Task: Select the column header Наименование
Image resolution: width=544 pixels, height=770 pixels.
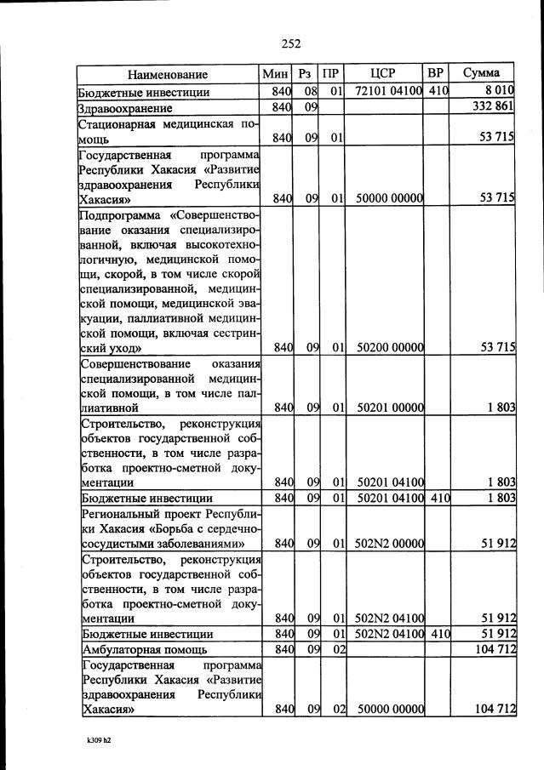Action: (x=169, y=74)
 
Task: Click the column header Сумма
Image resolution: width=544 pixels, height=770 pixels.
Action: (x=482, y=73)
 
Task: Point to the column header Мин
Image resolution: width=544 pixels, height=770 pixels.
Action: (x=278, y=74)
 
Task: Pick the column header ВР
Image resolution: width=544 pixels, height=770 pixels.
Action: (x=436, y=73)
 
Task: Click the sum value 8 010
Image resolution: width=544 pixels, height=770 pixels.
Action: (x=498, y=91)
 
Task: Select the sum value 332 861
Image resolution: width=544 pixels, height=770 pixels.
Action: (x=493, y=108)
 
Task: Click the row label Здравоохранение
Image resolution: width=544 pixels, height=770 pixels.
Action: (x=125, y=109)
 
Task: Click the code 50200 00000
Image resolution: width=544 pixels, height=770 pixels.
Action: (x=389, y=348)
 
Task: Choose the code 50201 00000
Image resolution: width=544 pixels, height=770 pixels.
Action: (x=389, y=408)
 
